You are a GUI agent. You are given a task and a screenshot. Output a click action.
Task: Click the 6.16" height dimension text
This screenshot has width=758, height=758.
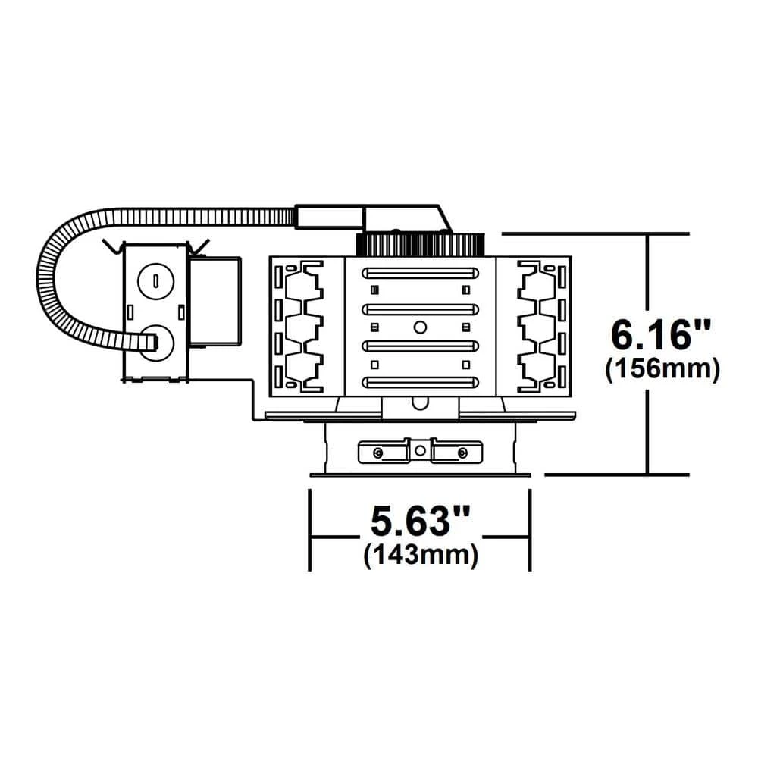[x=661, y=335]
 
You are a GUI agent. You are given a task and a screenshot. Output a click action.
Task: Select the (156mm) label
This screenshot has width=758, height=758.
[x=662, y=369]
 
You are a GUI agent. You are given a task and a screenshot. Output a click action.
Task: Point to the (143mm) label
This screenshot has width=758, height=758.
[x=421, y=555]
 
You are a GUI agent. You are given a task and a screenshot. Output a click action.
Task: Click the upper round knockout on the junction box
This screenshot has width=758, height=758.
[x=155, y=281]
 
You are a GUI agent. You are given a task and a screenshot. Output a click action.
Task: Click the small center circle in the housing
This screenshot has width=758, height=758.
[x=420, y=327]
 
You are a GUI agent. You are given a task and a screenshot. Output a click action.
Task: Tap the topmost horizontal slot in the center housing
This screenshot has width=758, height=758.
[x=420, y=273]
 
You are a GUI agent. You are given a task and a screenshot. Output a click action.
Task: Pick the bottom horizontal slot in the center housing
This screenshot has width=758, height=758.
[x=420, y=382]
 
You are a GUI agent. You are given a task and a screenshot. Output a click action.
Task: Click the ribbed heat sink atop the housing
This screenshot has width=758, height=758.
[x=420, y=245]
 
